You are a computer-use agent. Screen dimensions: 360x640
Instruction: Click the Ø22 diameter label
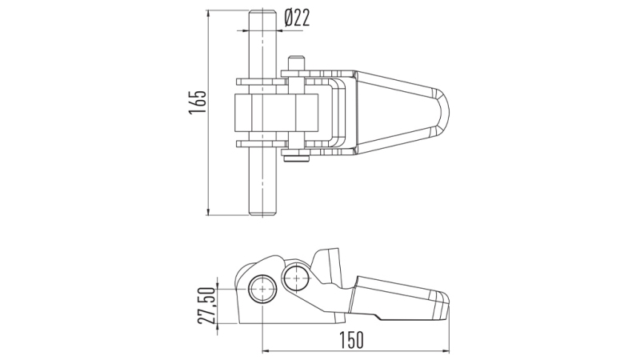click(x=297, y=18)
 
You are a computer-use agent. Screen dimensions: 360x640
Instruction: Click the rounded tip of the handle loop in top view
click(x=447, y=113)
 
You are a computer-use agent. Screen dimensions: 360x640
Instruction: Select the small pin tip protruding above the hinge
click(x=297, y=60)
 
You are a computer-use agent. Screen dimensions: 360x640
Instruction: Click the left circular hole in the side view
click(x=262, y=288)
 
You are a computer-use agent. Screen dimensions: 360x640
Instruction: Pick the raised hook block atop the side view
click(x=328, y=264)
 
